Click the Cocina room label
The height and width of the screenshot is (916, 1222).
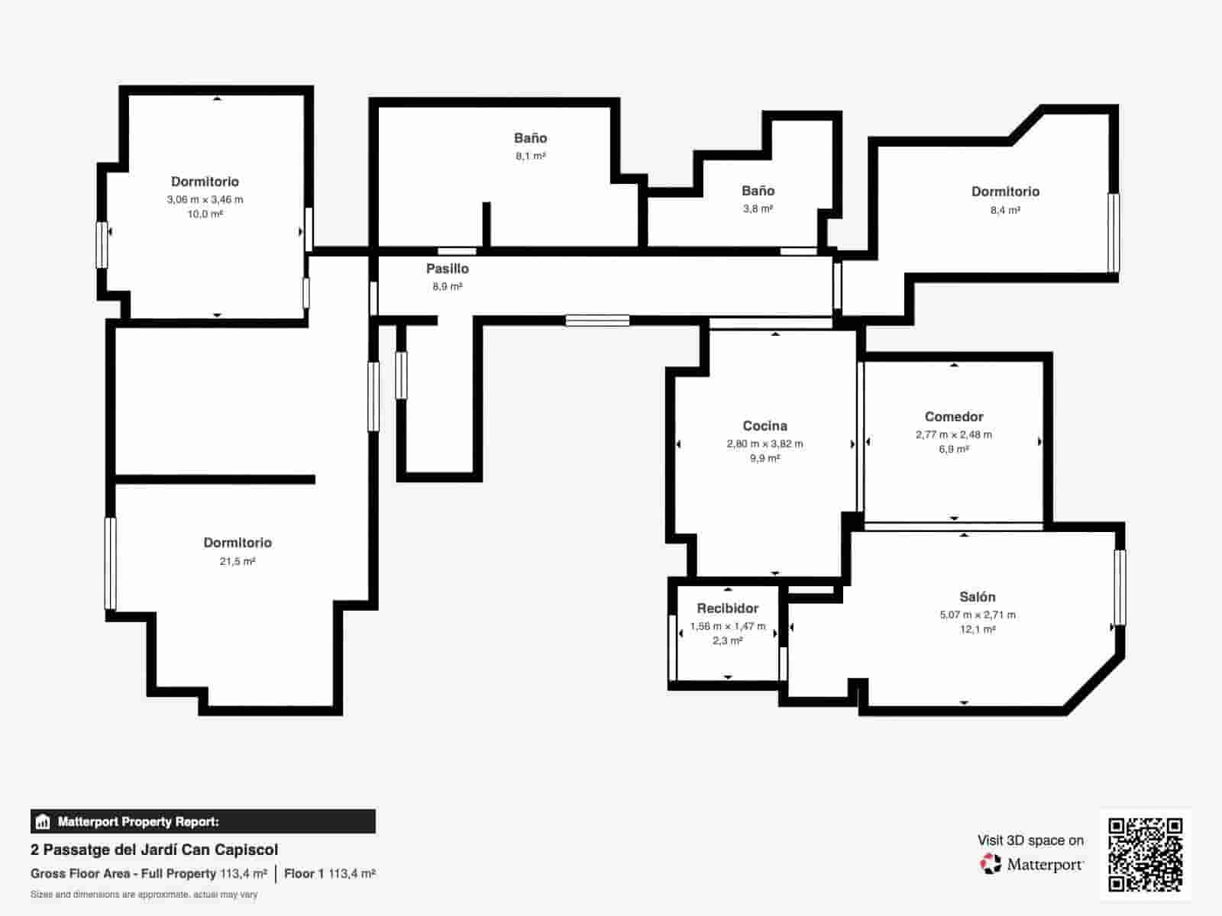[x=765, y=426]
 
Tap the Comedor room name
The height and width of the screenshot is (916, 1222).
[x=954, y=417]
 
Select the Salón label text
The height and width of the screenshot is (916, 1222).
[x=977, y=597]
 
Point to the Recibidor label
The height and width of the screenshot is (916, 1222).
[x=728, y=608]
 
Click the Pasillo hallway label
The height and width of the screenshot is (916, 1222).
[x=448, y=269]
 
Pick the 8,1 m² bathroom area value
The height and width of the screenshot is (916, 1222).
[x=531, y=156]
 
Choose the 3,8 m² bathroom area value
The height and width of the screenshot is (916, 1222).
[x=758, y=209]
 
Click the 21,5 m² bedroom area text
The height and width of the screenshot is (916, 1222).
[x=238, y=562]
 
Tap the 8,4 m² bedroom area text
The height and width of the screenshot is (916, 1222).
[x=1005, y=210]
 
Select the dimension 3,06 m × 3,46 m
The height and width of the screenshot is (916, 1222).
[x=205, y=200]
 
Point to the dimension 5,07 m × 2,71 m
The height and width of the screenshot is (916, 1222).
[x=978, y=615]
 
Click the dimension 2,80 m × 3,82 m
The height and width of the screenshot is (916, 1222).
[x=765, y=443]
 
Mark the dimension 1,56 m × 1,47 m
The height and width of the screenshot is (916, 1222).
[x=728, y=626]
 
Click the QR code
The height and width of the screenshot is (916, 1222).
[x=1145, y=855]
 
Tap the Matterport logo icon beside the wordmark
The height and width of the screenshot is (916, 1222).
[x=991, y=864]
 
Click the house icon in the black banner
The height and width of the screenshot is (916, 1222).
[x=42, y=821]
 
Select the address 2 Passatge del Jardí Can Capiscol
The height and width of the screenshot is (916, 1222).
[x=154, y=850]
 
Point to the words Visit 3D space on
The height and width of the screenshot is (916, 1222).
[x=1030, y=840]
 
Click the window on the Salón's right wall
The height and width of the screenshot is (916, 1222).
[x=1120, y=587]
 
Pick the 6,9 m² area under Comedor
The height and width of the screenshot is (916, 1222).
[x=954, y=449]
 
